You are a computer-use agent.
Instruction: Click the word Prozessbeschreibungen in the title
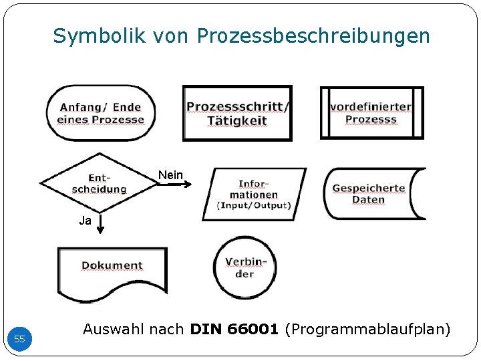[x=313, y=35]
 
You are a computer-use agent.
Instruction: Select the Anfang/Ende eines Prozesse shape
[x=101, y=113]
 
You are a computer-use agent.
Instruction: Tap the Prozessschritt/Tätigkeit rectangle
[x=237, y=114]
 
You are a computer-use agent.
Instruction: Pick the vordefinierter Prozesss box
[x=371, y=113]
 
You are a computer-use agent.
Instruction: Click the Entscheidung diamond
[x=98, y=183]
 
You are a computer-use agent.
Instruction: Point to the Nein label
[x=170, y=175]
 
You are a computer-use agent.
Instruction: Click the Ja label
[x=85, y=221]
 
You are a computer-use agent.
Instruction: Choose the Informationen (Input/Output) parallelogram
[x=254, y=194]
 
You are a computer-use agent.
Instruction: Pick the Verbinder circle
[x=245, y=267]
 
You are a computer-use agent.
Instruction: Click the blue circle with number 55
[x=20, y=339]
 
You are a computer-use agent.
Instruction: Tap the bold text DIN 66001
[x=234, y=329]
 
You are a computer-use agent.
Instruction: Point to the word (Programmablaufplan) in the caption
[x=367, y=329]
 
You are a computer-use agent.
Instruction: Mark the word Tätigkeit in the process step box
[x=237, y=121]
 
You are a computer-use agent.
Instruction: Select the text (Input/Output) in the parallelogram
[x=254, y=206]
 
